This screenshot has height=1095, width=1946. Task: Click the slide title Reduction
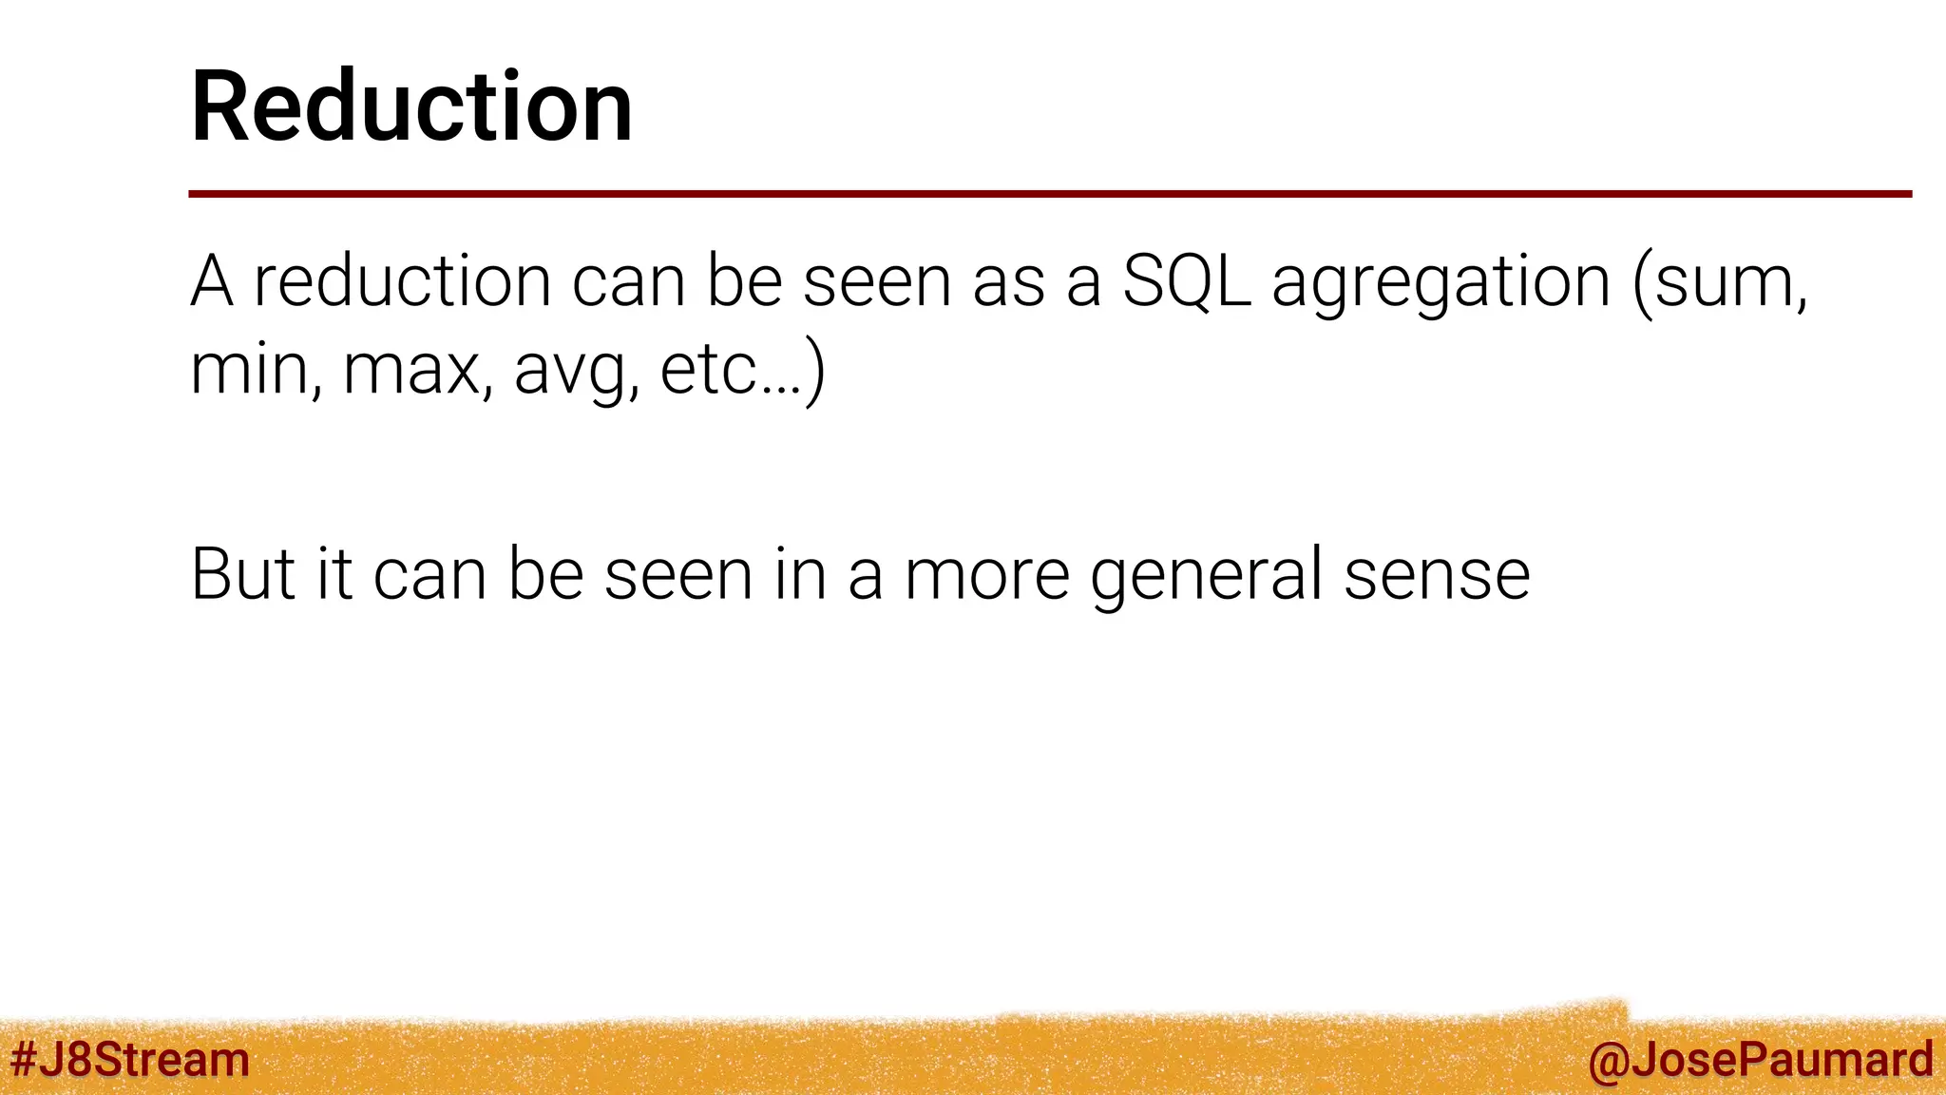pos(411,106)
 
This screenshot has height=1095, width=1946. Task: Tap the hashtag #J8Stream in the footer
pos(129,1060)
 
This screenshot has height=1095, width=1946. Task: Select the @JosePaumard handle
pos(1760,1060)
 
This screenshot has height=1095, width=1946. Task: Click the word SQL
pos(1186,281)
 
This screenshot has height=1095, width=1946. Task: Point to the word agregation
pos(1440,283)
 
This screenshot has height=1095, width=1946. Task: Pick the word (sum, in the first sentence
pos(1720,283)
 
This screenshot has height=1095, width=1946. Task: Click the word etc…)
pos(742,369)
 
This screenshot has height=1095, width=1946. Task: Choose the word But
pos(243,574)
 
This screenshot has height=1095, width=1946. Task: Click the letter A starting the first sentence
pos(211,281)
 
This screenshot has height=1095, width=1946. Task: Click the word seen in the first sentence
pos(877,283)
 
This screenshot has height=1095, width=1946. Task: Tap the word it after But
pos(334,574)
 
